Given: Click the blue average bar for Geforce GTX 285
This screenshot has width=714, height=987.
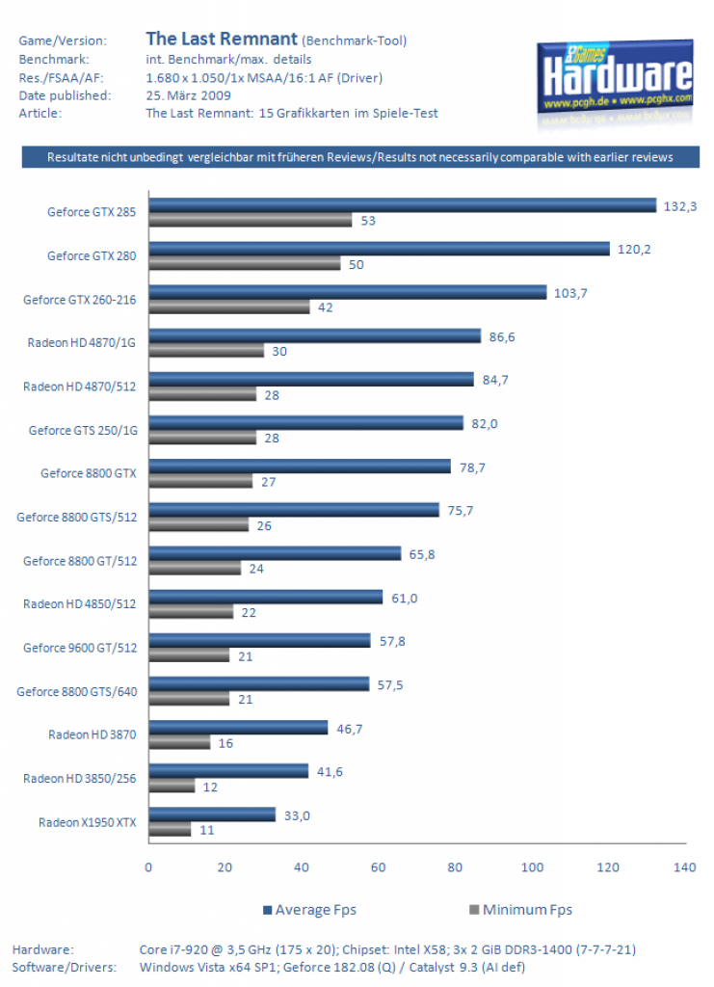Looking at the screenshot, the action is [x=403, y=205].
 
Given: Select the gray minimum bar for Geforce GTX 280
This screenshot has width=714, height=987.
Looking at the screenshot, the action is [x=245, y=263].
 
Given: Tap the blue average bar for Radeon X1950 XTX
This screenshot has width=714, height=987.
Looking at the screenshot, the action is [x=212, y=814].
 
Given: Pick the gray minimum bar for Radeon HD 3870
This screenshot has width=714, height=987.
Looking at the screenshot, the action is [x=179, y=742].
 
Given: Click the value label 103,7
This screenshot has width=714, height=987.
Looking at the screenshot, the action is [x=570, y=293].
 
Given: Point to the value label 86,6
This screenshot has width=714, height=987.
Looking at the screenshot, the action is [x=502, y=336].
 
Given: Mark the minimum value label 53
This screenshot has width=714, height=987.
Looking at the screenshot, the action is [x=368, y=221].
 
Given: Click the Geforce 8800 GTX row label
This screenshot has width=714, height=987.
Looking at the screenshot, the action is [x=89, y=473].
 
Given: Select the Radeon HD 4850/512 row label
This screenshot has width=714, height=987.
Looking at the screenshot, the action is [x=79, y=604].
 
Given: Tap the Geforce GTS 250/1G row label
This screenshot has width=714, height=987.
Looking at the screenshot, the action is [x=83, y=431].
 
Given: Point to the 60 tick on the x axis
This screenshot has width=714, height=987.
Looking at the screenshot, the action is [x=378, y=867].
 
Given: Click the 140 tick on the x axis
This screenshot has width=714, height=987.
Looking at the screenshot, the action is [x=684, y=867].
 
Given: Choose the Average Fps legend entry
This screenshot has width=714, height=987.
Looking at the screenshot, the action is [x=309, y=910].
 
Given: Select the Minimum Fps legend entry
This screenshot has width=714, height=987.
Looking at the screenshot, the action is [x=521, y=910].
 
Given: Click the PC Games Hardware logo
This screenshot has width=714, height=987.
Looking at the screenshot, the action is [x=616, y=79].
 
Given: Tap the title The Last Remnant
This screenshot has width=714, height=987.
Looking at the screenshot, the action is [x=222, y=39].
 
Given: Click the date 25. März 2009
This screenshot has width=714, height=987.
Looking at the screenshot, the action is [x=188, y=95].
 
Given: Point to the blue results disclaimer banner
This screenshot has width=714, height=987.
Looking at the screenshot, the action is [x=360, y=157].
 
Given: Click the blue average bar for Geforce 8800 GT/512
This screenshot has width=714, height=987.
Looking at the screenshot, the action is [x=275, y=553].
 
